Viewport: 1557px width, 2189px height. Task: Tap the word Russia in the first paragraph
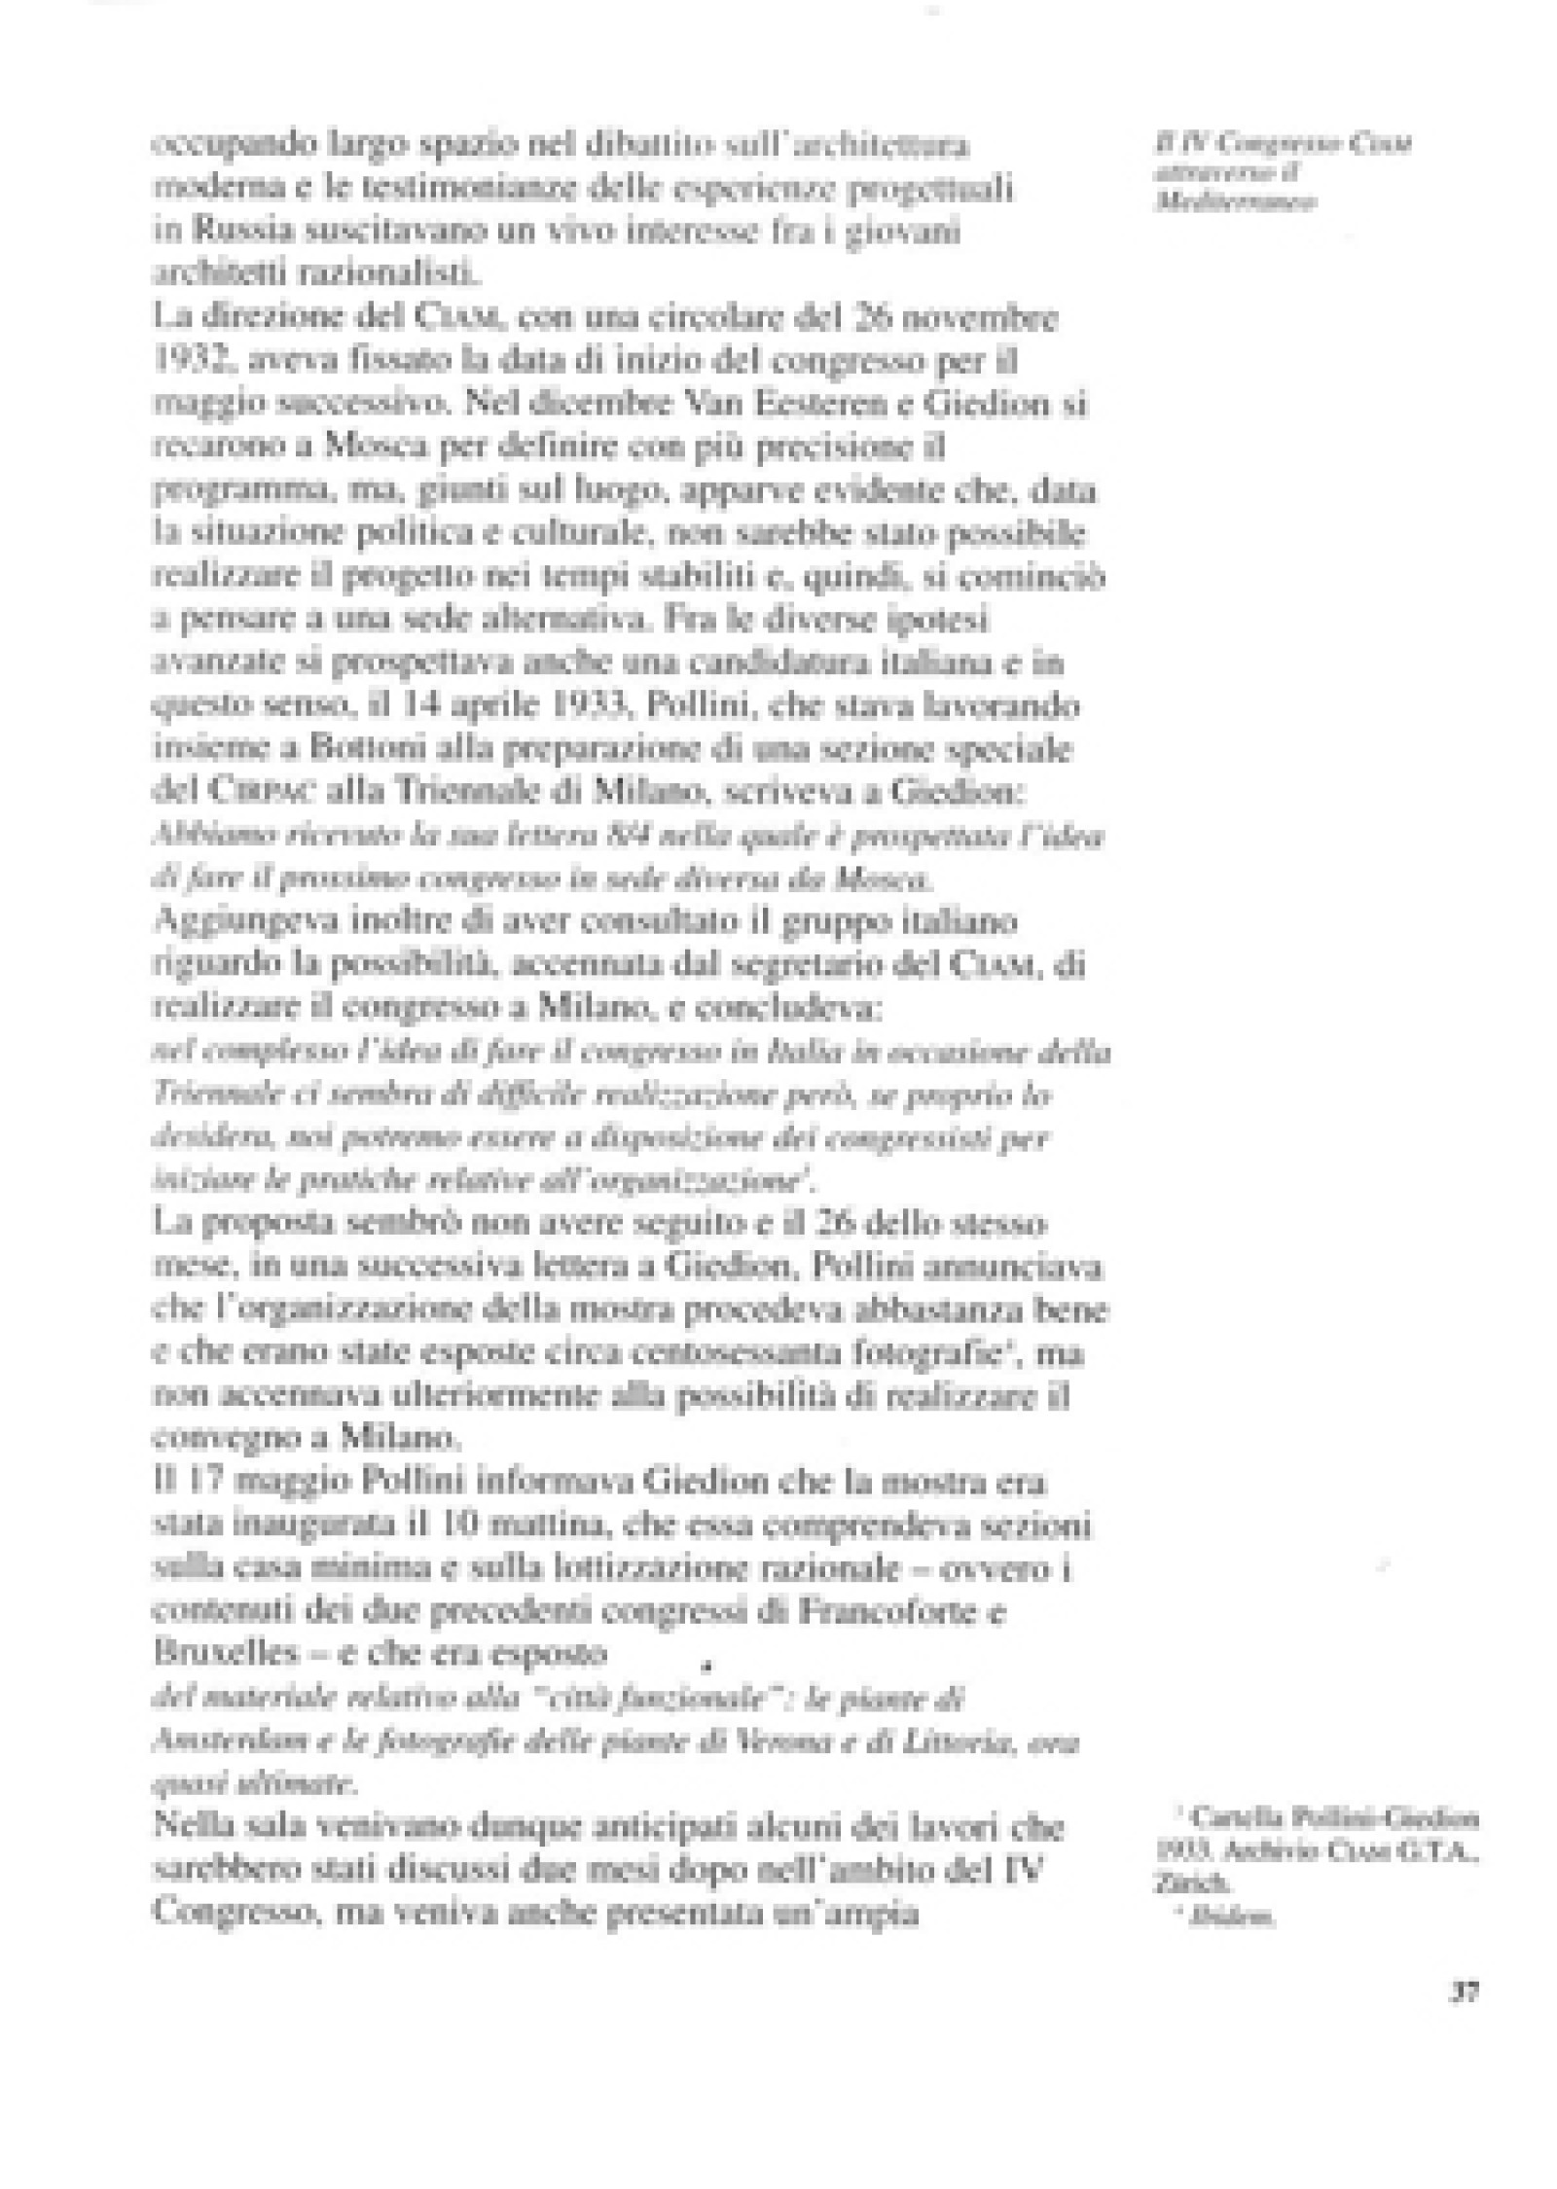[x=232, y=233]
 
